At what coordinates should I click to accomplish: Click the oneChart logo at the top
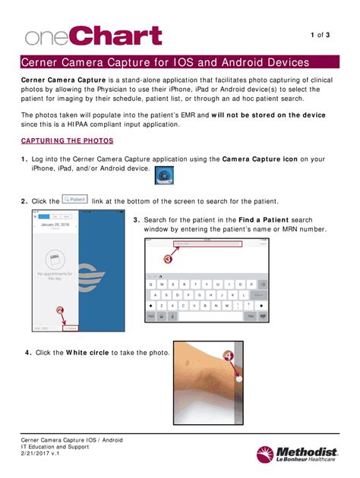coord(81,35)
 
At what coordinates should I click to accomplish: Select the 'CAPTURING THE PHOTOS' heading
coord(68,141)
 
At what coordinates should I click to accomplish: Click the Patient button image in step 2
coord(74,200)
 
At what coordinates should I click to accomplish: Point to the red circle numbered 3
coord(168,258)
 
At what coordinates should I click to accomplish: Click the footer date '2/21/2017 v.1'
coord(44,454)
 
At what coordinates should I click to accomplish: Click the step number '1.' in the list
coord(25,159)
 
